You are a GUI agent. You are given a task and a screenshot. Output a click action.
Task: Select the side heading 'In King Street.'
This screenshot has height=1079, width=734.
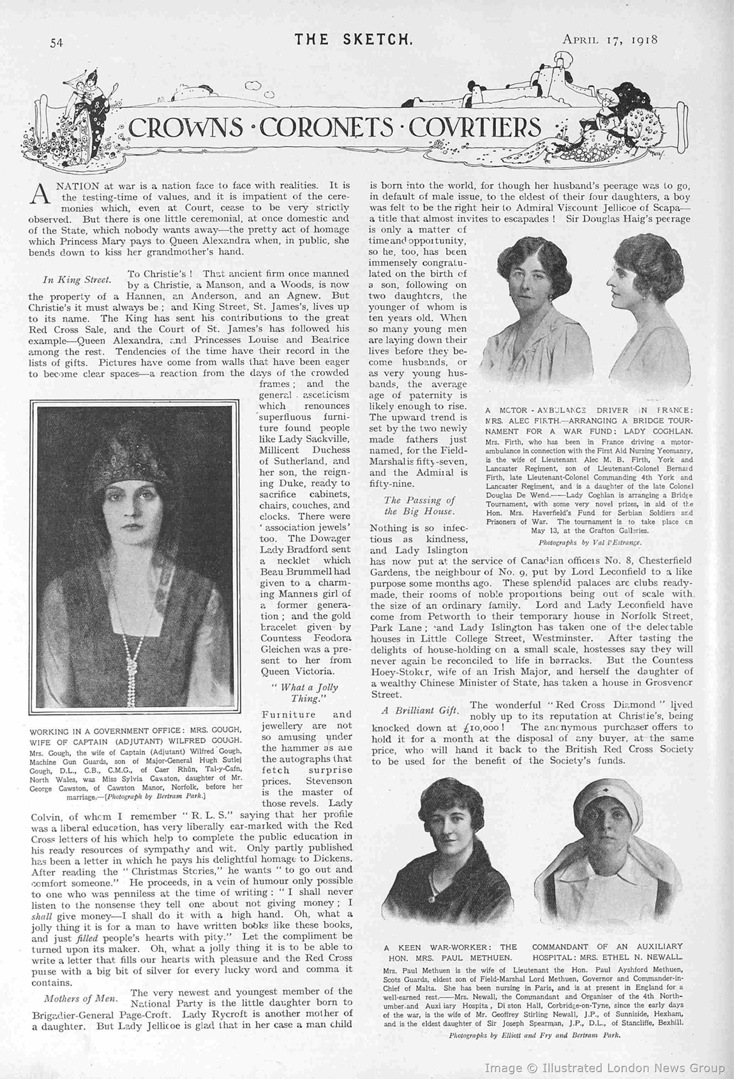77,279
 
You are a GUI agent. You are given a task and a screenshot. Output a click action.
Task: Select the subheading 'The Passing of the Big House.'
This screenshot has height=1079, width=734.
419,506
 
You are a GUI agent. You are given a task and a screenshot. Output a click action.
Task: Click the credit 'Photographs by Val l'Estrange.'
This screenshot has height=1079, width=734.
590,542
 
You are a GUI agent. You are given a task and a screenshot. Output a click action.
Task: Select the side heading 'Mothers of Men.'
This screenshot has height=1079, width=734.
81,998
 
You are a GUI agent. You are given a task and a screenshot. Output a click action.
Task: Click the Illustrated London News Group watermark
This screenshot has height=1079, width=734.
604,1067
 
